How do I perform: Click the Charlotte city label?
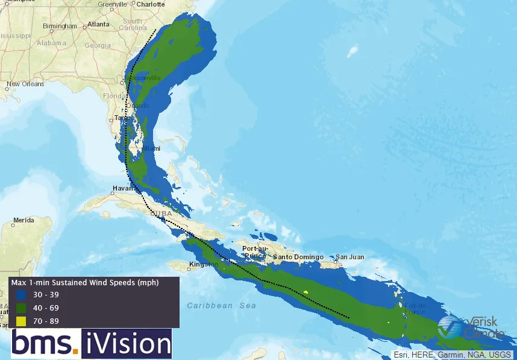(151, 4)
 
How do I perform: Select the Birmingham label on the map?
(60, 27)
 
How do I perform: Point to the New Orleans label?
(25, 84)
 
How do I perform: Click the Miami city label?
(152, 149)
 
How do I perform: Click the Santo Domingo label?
(296, 257)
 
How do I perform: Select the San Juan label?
(350, 257)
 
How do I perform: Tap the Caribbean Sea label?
(221, 306)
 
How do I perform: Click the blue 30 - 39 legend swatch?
(22, 295)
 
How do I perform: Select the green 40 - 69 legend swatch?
(22, 308)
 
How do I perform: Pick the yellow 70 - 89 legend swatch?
(22, 321)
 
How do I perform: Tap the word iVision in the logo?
(127, 344)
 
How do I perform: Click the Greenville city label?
(113, 4)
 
